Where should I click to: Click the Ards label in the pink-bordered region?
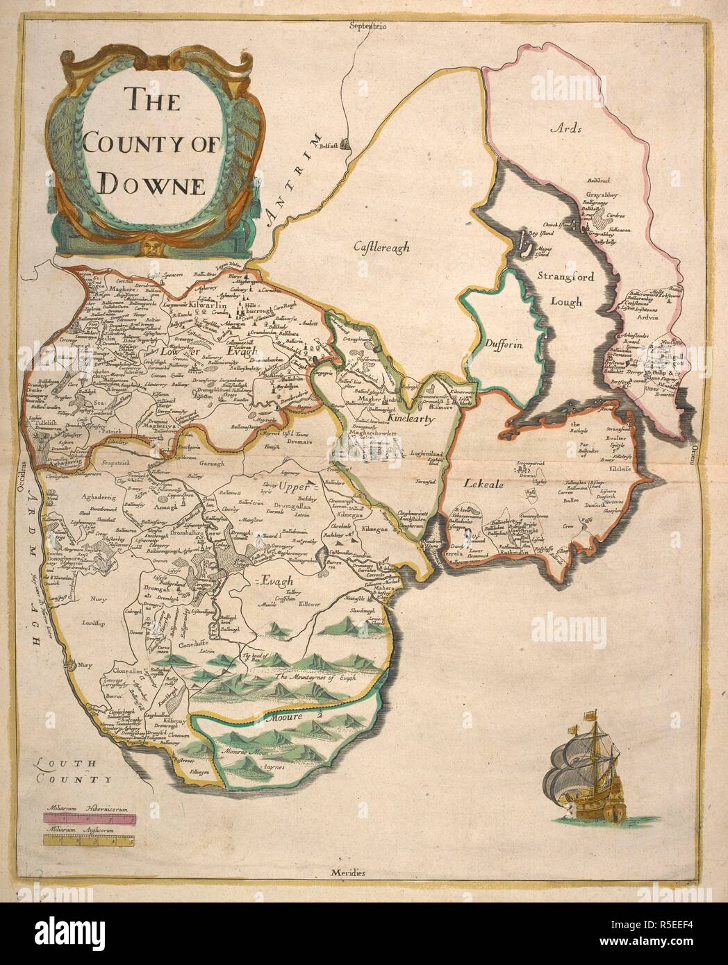coord(564,128)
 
